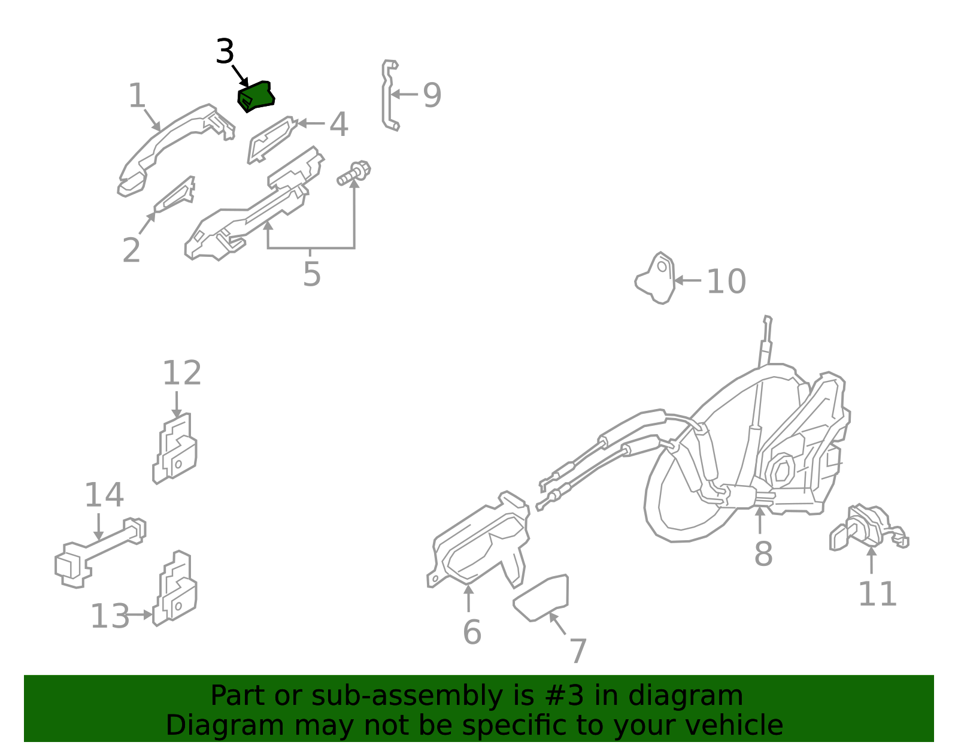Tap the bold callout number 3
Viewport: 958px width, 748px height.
(225, 52)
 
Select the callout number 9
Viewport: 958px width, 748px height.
(432, 95)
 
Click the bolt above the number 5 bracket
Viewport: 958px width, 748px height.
(354, 172)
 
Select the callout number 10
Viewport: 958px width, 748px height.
(726, 281)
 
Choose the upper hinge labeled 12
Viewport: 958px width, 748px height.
(175, 449)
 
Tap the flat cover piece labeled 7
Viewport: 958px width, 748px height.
(542, 597)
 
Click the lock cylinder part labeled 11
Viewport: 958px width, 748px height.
(865, 527)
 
